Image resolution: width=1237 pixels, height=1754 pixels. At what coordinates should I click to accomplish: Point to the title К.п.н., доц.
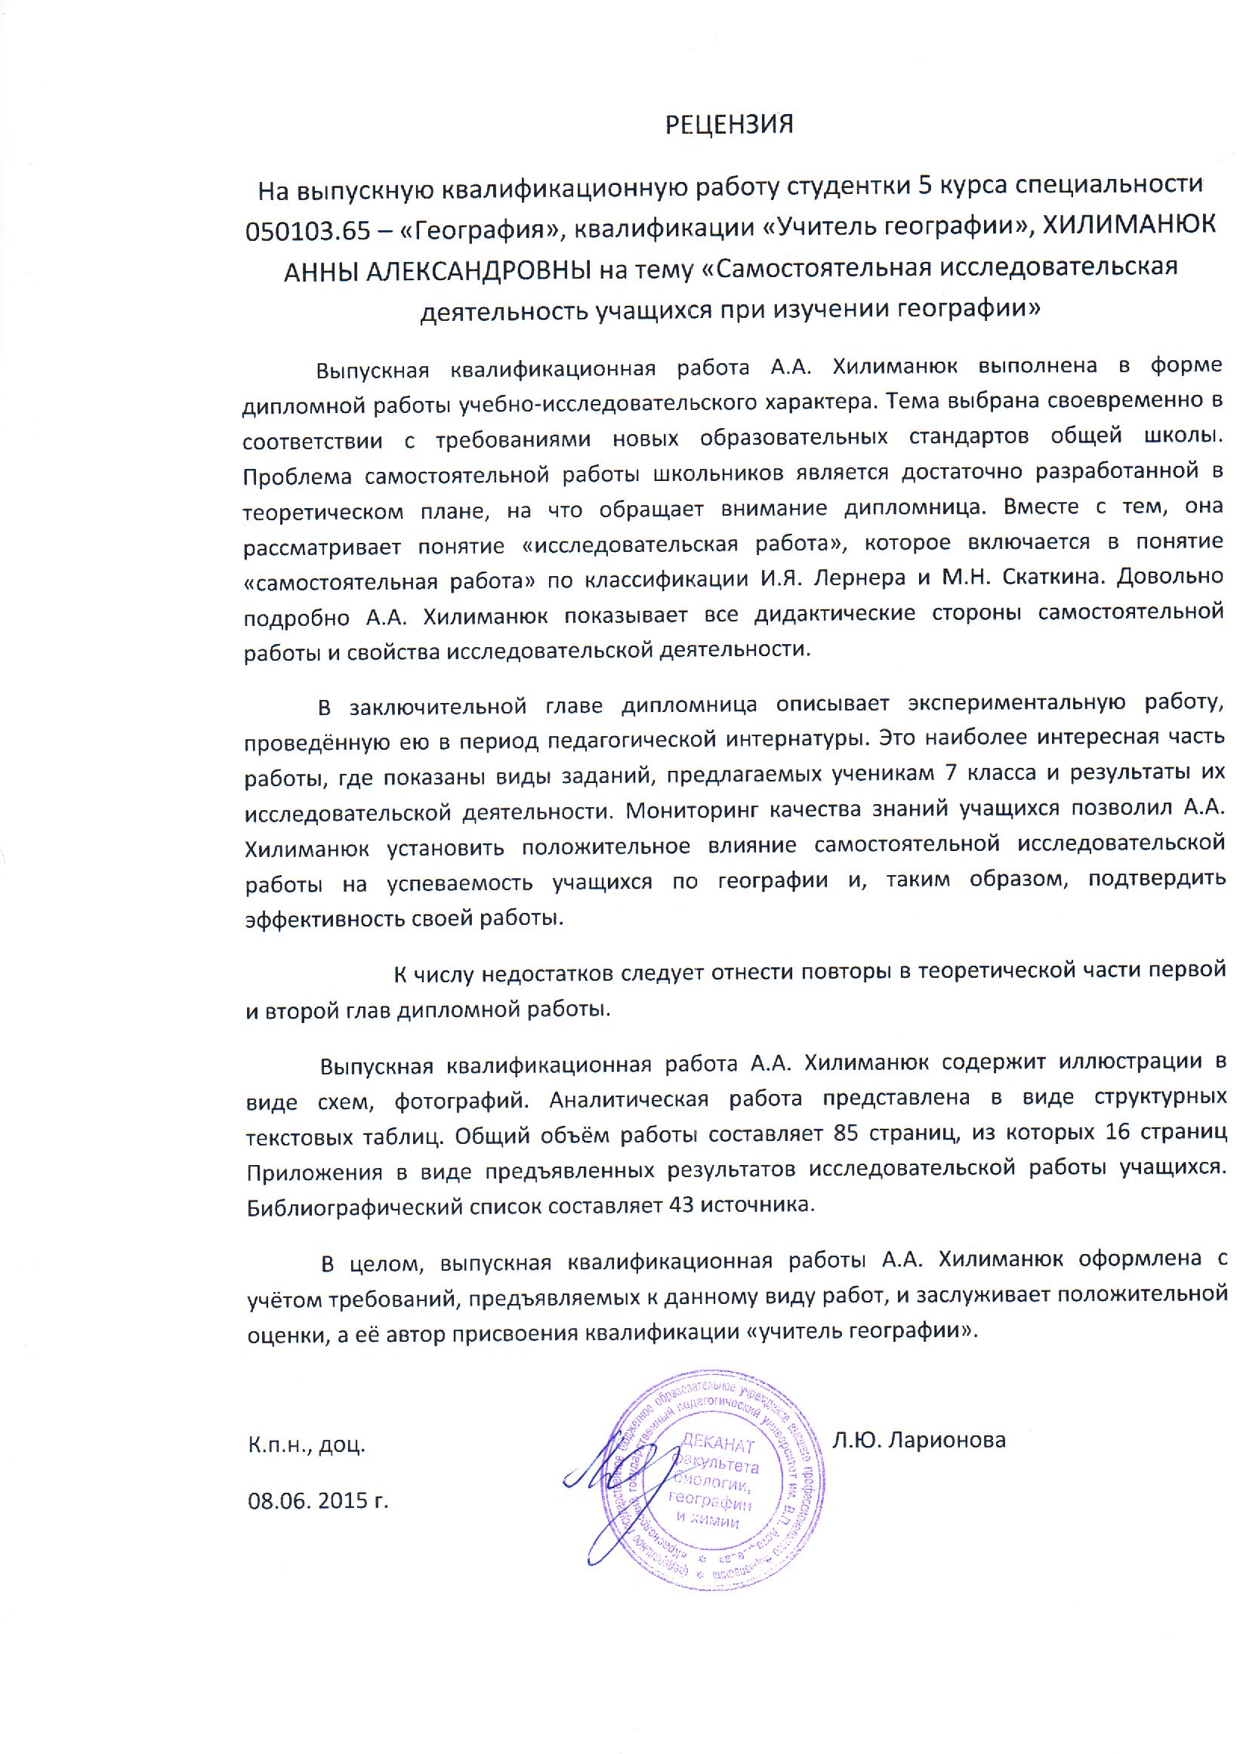[x=307, y=1445]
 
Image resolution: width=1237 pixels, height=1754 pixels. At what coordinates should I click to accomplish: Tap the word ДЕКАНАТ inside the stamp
[x=717, y=1445]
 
